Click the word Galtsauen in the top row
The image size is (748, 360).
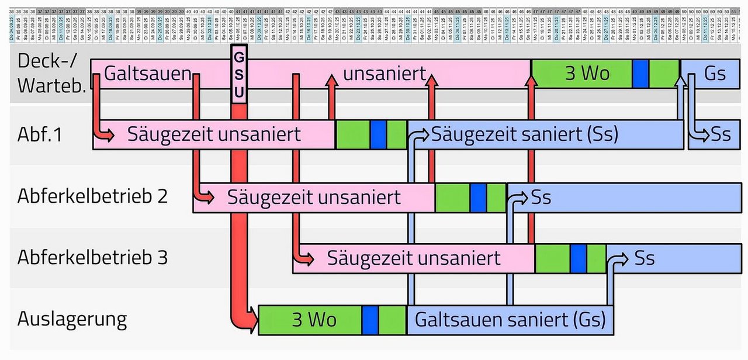point(148,74)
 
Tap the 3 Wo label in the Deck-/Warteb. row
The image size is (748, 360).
point(587,74)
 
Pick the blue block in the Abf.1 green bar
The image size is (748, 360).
point(379,135)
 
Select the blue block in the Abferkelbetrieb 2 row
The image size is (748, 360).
point(479,197)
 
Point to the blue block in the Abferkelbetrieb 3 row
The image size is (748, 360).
point(579,258)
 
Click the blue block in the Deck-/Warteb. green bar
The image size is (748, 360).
point(640,74)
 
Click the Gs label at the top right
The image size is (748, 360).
point(715,74)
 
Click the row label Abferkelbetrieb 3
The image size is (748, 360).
point(92,258)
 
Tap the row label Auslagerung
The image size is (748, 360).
point(71,319)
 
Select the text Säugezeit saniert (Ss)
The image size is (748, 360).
point(524,135)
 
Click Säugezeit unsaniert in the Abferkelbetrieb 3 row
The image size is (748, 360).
point(414,258)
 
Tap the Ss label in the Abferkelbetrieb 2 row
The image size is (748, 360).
point(541,197)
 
